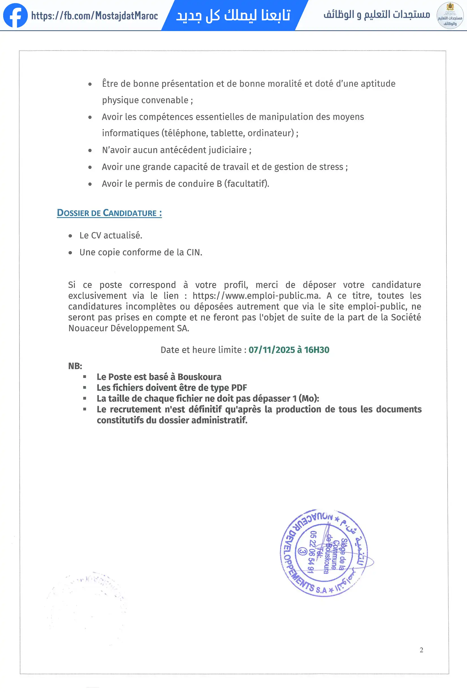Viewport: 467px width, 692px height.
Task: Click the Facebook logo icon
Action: [x=15, y=16]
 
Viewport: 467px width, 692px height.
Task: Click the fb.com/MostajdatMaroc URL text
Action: [x=94, y=16]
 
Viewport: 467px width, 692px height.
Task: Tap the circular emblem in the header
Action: [x=449, y=16]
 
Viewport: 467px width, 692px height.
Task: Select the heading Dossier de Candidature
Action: [x=109, y=213]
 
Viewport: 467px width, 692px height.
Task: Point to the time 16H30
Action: [x=317, y=350]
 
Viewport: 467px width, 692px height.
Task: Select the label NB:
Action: [x=75, y=366]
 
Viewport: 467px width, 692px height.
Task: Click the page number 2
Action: [x=421, y=650]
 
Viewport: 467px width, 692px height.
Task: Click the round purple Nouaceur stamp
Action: [x=324, y=553]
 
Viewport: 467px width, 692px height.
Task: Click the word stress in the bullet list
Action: [x=331, y=167]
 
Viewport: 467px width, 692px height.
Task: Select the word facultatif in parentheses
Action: [x=246, y=184]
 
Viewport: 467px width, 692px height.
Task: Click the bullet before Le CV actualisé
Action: [x=70, y=236]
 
